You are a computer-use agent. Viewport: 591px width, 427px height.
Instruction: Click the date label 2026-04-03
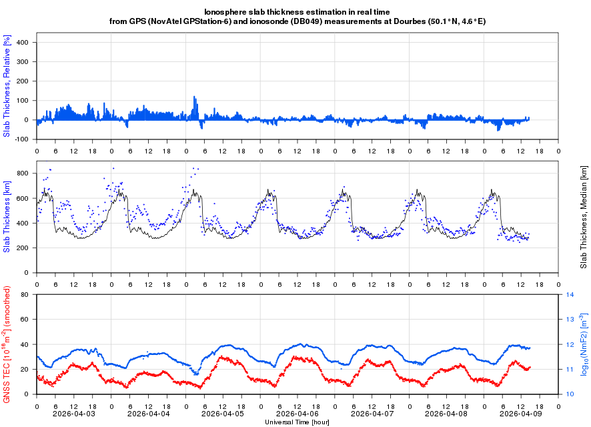click(74, 414)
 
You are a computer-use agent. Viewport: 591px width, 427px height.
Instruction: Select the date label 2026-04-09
click(522, 414)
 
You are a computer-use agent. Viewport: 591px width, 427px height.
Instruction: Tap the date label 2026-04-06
click(298, 414)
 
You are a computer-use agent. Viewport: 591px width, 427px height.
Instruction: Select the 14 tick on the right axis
click(570, 294)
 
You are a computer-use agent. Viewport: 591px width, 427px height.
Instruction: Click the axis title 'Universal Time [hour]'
click(298, 422)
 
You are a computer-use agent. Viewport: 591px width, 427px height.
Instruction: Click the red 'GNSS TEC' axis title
click(7, 344)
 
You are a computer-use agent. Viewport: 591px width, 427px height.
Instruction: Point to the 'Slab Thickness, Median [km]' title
click(584, 218)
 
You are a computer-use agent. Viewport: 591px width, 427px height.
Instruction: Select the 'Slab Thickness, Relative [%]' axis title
click(7, 85)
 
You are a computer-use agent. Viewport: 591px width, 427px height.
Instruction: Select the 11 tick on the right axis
click(570, 369)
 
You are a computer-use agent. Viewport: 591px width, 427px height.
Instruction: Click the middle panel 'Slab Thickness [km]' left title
click(7, 218)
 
